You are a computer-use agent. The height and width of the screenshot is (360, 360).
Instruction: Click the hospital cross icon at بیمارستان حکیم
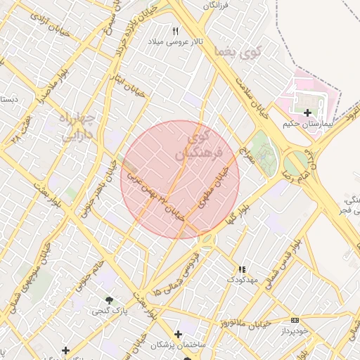point(307,112)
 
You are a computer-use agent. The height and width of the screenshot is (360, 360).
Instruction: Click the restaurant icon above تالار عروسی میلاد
point(176,31)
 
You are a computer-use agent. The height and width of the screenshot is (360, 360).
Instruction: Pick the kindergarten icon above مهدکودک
point(242,269)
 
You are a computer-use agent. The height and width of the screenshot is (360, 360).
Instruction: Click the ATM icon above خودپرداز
point(294,320)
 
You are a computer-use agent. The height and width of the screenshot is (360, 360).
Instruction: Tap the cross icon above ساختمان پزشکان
point(178,334)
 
